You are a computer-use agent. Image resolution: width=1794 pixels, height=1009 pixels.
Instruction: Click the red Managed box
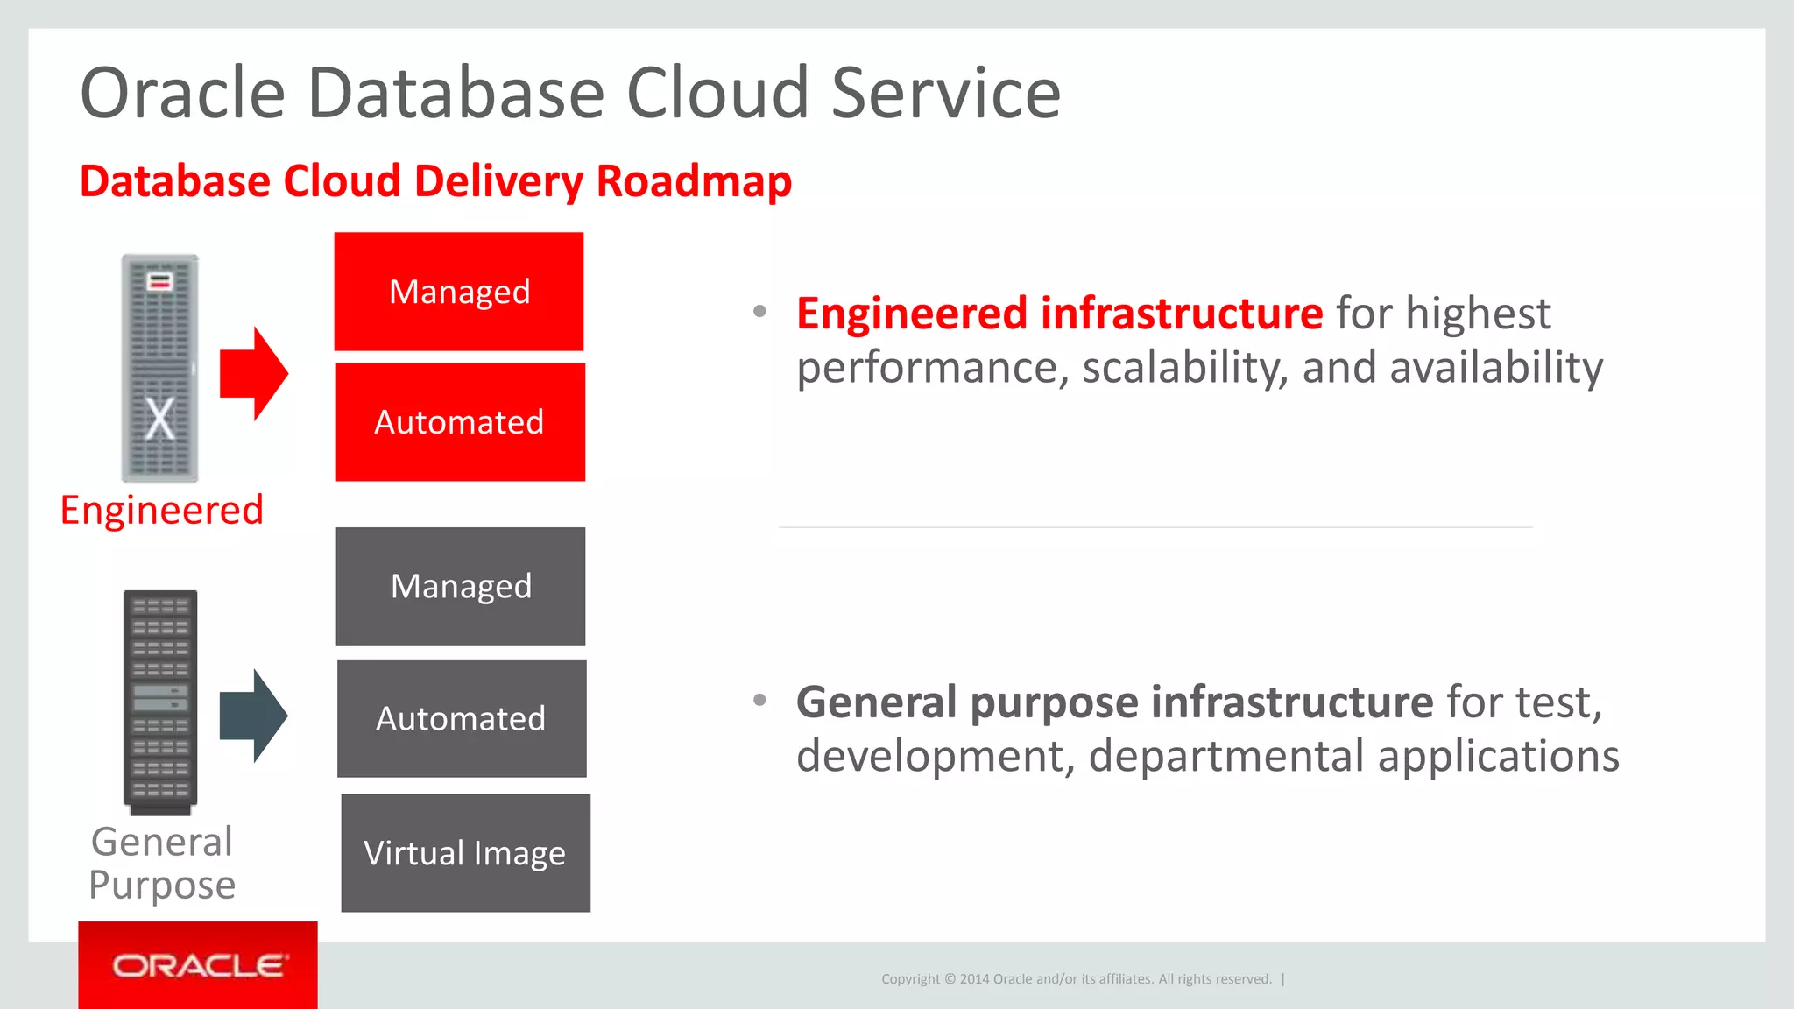pyautogui.click(x=459, y=292)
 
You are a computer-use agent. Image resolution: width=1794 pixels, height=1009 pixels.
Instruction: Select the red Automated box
pyautogui.click(x=460, y=422)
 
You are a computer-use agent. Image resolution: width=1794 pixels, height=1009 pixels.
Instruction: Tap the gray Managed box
pyautogui.click(x=461, y=586)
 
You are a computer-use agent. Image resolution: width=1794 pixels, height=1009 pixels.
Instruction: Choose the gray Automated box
pyautogui.click(x=462, y=718)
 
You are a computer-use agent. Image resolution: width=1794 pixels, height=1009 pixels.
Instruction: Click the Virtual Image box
pyautogui.click(x=465, y=853)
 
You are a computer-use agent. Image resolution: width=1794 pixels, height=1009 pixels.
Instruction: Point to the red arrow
pyautogui.click(x=253, y=374)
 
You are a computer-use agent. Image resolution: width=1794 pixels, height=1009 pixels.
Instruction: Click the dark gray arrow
pyautogui.click(x=253, y=716)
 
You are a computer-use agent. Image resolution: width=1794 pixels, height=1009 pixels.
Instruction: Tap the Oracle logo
pyautogui.click(x=198, y=965)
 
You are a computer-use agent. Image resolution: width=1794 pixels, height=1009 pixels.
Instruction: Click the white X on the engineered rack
pyautogui.click(x=159, y=420)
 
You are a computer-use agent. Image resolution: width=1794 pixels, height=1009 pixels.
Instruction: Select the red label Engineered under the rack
pyautogui.click(x=162, y=510)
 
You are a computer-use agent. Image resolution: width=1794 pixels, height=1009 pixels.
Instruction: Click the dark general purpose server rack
pyautogui.click(x=160, y=701)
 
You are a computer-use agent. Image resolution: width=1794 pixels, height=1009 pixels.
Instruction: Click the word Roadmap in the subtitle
pyautogui.click(x=694, y=181)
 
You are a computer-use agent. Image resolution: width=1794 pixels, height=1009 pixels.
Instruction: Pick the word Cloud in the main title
pyautogui.click(x=717, y=93)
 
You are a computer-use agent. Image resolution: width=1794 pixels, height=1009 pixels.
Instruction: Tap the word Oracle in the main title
pyautogui.click(x=183, y=93)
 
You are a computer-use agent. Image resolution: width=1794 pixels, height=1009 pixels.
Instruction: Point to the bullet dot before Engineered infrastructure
pyautogui.click(x=759, y=311)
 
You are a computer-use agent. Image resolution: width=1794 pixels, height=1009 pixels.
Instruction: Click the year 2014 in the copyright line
pyautogui.click(x=974, y=979)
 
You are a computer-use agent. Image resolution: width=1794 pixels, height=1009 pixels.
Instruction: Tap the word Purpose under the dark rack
pyautogui.click(x=162, y=885)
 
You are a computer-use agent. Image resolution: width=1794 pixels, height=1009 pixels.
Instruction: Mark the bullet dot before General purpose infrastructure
pyautogui.click(x=759, y=700)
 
